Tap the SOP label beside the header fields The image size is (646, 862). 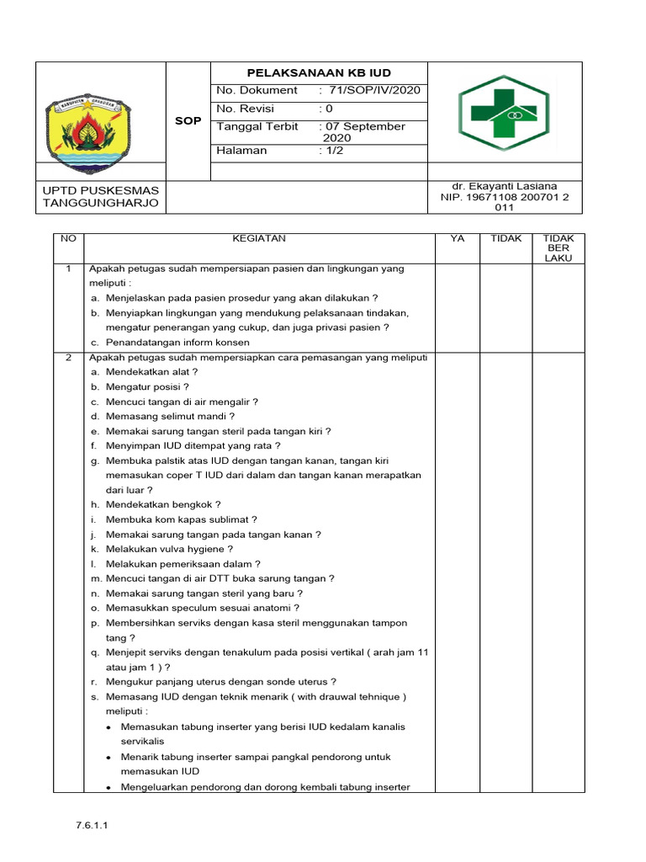point(188,121)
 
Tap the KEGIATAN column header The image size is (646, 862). point(259,239)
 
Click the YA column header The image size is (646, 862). point(458,239)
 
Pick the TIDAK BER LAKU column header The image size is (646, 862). point(558,248)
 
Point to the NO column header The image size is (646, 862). point(68,239)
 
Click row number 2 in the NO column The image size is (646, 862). point(68,357)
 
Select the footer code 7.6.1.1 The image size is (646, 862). point(93,826)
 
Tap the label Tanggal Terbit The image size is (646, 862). point(257,126)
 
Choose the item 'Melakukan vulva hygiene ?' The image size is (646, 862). point(169,549)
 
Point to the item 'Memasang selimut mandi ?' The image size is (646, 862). point(170,416)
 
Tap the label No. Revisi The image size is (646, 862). point(246,109)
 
